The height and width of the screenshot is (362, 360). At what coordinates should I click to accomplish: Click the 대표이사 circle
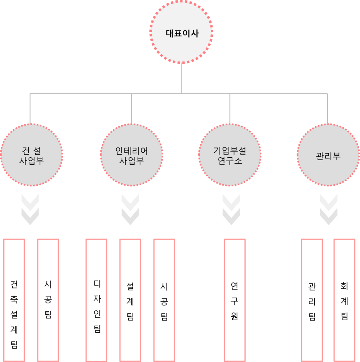pos(181,33)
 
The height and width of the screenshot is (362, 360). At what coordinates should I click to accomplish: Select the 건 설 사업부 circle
pos(31,155)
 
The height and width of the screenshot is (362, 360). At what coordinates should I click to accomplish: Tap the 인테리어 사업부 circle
pos(132,155)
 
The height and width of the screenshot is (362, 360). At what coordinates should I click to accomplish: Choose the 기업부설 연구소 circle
pos(230,155)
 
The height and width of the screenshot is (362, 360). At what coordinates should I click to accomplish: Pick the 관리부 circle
pos(328,155)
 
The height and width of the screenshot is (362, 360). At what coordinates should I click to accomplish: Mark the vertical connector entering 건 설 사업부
pos(30,109)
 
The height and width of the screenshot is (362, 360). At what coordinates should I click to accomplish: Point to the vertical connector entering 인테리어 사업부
pos(131,109)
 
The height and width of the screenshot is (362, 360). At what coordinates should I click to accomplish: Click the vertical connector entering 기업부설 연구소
pos(230,109)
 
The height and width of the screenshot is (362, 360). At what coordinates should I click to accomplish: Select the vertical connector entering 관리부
pos(327,109)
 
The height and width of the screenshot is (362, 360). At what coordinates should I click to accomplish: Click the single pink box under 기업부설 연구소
pos(234,300)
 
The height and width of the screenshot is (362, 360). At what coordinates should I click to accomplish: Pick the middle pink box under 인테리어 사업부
pos(130,300)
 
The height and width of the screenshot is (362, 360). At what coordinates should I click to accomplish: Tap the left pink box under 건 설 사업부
pos(14,300)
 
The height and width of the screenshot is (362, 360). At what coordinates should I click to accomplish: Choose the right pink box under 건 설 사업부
pos(48,300)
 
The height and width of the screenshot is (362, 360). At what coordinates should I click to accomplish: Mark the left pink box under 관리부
pos(312,300)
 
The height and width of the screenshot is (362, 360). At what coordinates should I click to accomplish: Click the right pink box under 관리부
pos(344,300)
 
